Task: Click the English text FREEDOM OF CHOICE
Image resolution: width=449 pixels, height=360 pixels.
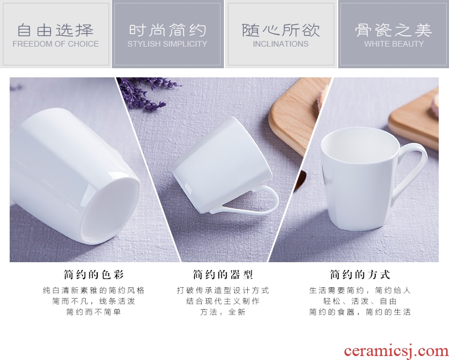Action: click(56, 44)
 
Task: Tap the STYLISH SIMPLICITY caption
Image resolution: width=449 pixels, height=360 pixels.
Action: click(167, 44)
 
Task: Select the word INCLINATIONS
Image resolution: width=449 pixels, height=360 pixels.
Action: click(281, 44)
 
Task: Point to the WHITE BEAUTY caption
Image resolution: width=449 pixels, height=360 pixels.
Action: click(394, 44)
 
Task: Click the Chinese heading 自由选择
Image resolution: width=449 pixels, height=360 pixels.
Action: click(56, 30)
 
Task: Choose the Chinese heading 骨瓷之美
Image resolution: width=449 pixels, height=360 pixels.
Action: click(394, 30)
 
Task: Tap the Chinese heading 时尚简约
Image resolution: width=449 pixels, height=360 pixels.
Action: click(167, 30)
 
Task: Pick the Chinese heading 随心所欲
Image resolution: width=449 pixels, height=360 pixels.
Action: click(281, 30)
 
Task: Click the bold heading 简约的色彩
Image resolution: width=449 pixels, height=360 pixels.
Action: click(94, 275)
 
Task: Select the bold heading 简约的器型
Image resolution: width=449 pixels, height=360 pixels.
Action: click(223, 275)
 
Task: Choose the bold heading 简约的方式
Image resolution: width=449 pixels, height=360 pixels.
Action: click(360, 275)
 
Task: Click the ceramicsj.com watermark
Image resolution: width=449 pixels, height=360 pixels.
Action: click(396, 351)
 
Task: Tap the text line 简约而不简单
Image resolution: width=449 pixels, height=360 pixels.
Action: click(94, 312)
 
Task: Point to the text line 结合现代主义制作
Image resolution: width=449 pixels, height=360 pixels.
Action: click(223, 301)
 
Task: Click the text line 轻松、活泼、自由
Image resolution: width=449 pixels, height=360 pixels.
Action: click(360, 301)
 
